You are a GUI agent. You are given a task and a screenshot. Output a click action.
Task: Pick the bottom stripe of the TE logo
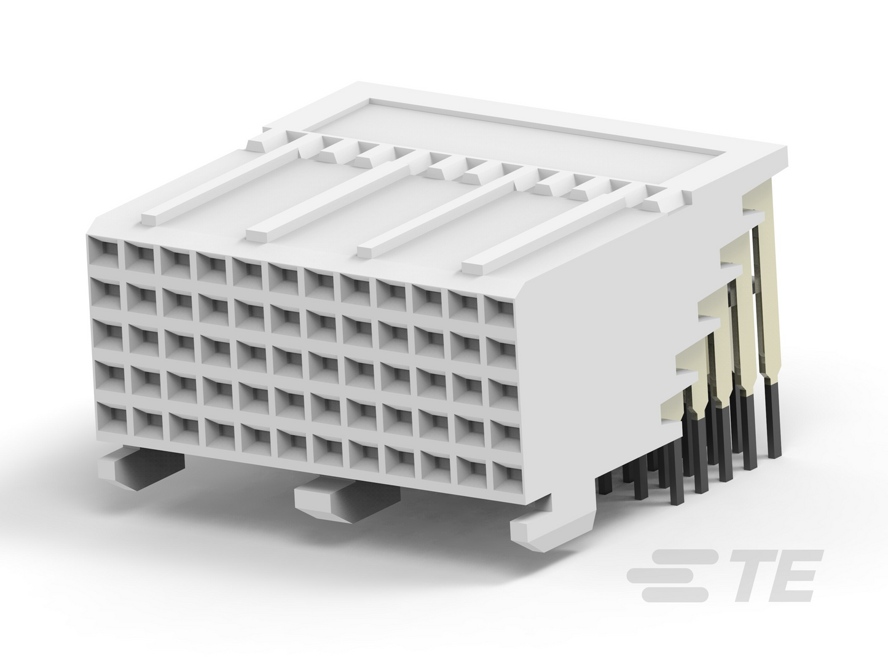(x=675, y=594)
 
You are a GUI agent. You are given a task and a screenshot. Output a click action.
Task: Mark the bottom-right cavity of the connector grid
(x=506, y=475)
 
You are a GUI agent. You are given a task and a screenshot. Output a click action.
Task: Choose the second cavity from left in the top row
(x=139, y=256)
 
